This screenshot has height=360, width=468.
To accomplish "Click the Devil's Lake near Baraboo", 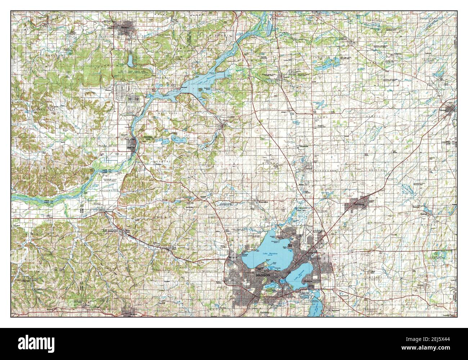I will tap(130, 60).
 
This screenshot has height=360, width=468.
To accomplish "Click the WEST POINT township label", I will tap(166, 113).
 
